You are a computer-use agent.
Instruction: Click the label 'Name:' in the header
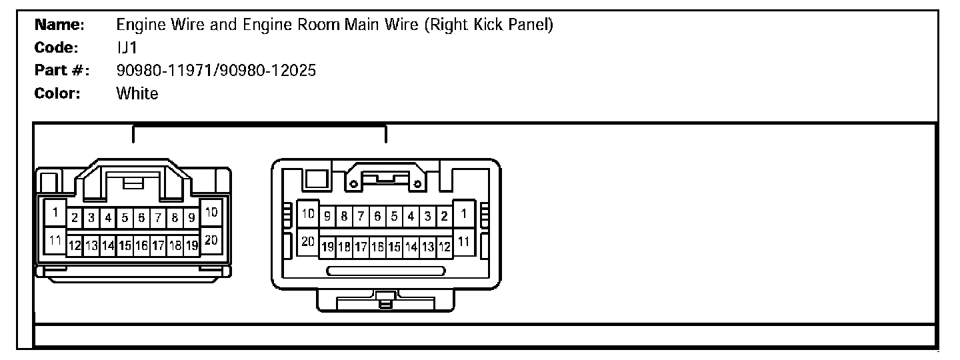tap(59, 25)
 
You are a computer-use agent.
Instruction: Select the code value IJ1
tap(127, 48)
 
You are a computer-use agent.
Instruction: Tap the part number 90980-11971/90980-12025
tap(216, 70)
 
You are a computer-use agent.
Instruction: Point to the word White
tap(137, 93)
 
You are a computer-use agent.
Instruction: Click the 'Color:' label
tap(57, 93)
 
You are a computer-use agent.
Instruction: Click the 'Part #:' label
tap(62, 70)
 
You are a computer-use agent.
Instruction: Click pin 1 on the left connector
tap(55, 213)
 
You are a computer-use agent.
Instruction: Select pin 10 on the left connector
tap(211, 213)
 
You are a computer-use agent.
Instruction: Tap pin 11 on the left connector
tap(55, 239)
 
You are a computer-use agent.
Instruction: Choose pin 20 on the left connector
tap(211, 239)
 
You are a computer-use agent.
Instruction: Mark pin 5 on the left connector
tap(125, 217)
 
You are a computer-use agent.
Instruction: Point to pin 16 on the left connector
tap(141, 246)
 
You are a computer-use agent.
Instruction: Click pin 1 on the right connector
tap(464, 213)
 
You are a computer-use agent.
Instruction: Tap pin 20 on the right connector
tap(308, 241)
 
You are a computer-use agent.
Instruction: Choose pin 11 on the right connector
tap(464, 241)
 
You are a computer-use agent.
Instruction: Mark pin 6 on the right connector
tap(377, 216)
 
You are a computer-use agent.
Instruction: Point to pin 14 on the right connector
tap(411, 246)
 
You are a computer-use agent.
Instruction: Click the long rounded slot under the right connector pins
tap(386, 271)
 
